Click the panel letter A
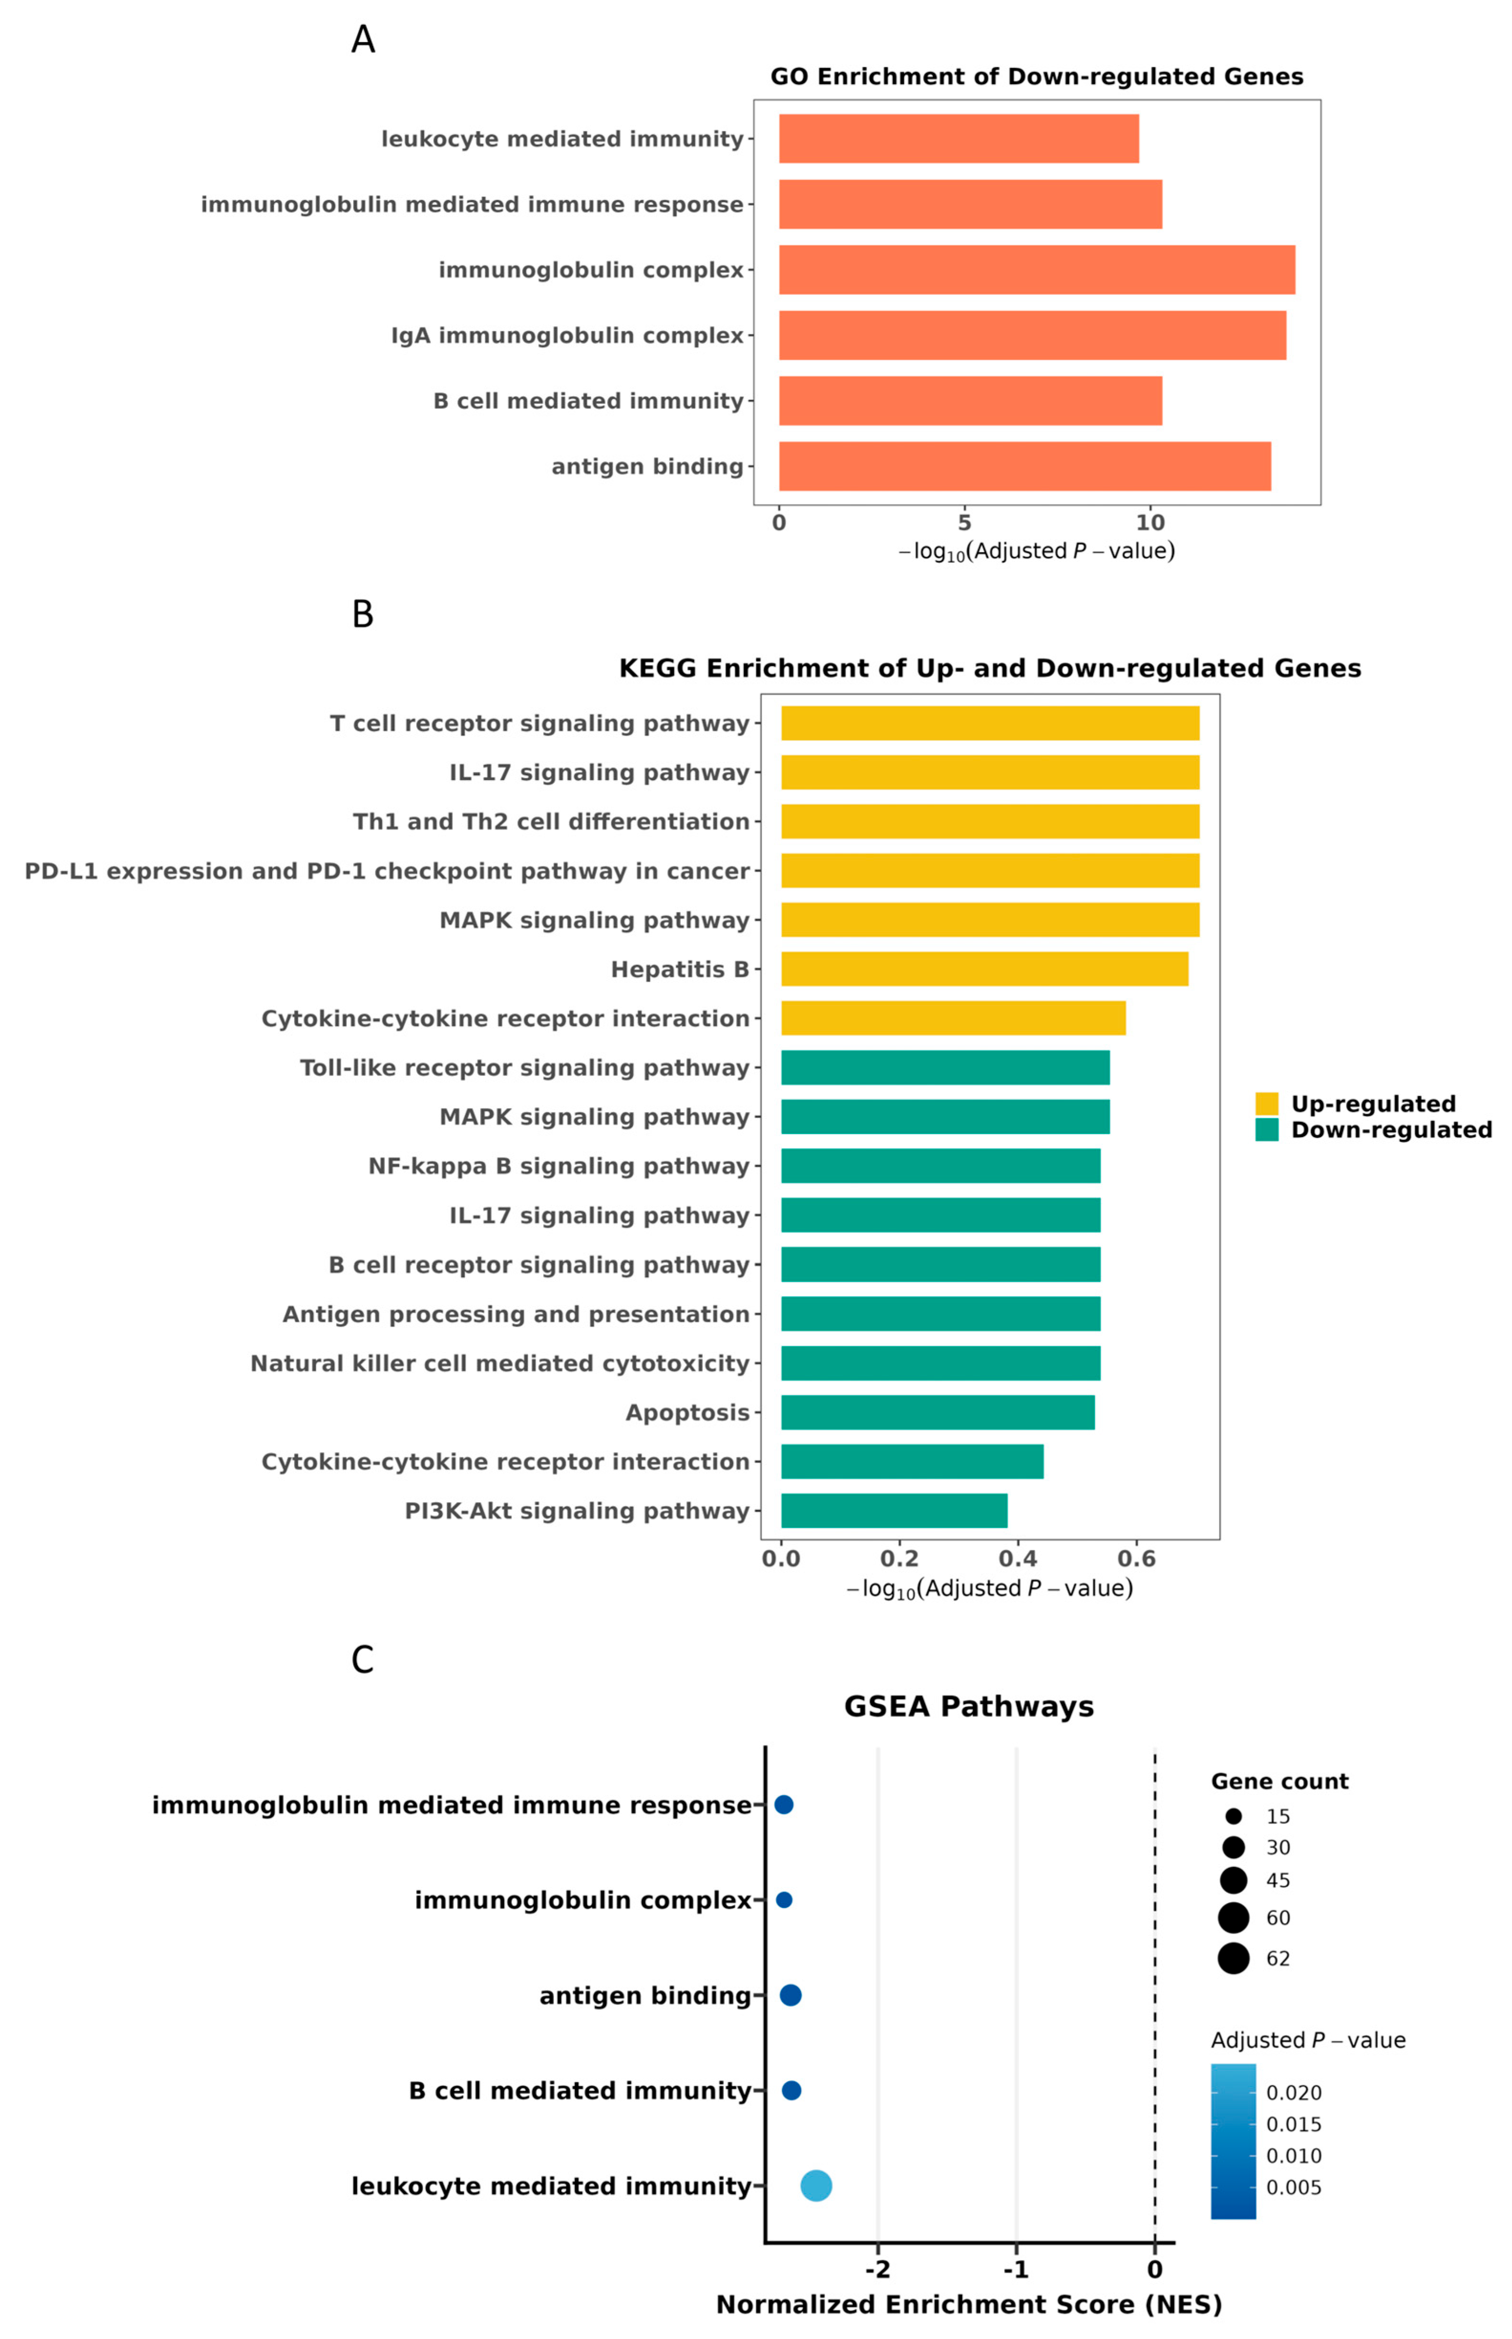(x=363, y=39)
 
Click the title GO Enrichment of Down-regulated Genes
(x=1037, y=76)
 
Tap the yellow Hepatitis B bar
(x=985, y=969)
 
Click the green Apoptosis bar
(x=938, y=1412)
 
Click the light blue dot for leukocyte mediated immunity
(x=816, y=2186)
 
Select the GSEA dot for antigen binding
(x=790, y=1995)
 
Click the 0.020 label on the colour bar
(x=1294, y=2093)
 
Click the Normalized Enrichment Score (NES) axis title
(x=969, y=2304)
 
